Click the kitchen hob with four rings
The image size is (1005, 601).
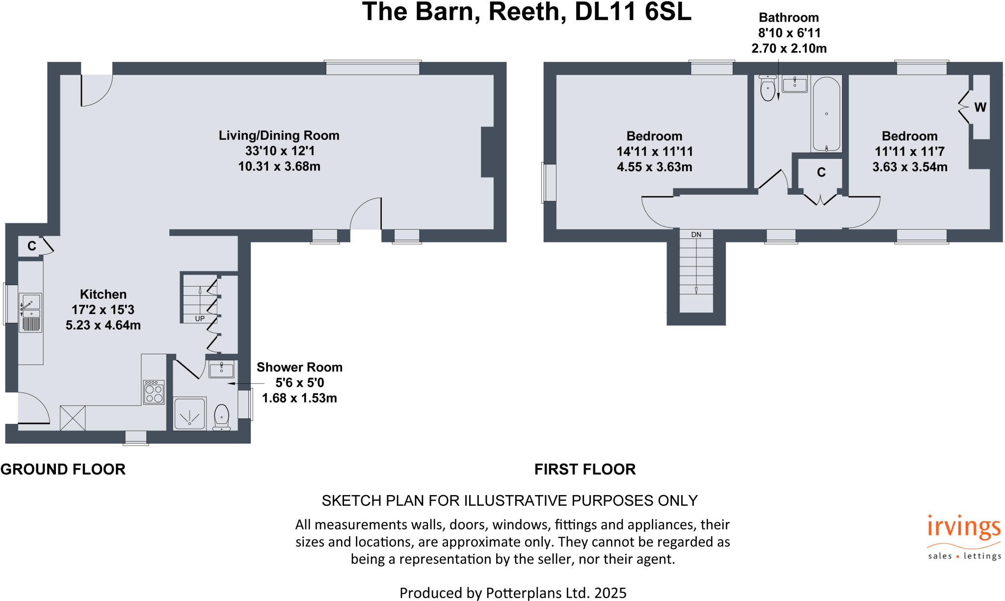tap(154, 392)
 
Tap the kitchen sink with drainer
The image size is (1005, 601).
tap(30, 313)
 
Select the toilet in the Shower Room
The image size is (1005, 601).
tap(221, 418)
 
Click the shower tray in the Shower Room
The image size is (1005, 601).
tap(190, 414)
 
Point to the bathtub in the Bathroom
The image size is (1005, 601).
tap(826, 114)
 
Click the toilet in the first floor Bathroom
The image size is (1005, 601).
tap(767, 88)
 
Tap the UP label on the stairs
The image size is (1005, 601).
tap(200, 318)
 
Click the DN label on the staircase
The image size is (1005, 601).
tap(696, 235)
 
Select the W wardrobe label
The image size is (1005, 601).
tap(980, 107)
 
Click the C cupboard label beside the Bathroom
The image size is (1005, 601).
tap(821, 172)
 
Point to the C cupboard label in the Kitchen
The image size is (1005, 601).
tap(32, 246)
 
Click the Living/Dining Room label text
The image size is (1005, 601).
tap(279, 135)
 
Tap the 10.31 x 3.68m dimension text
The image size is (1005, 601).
tap(279, 166)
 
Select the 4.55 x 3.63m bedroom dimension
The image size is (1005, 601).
tap(655, 167)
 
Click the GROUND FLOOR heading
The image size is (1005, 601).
tap(63, 469)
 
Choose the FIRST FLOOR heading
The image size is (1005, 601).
tap(585, 469)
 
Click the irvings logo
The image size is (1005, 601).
tap(964, 537)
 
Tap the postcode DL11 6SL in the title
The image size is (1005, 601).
tap(633, 11)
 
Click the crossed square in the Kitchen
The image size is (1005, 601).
tap(73, 418)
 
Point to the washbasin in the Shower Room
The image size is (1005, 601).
tap(221, 369)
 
